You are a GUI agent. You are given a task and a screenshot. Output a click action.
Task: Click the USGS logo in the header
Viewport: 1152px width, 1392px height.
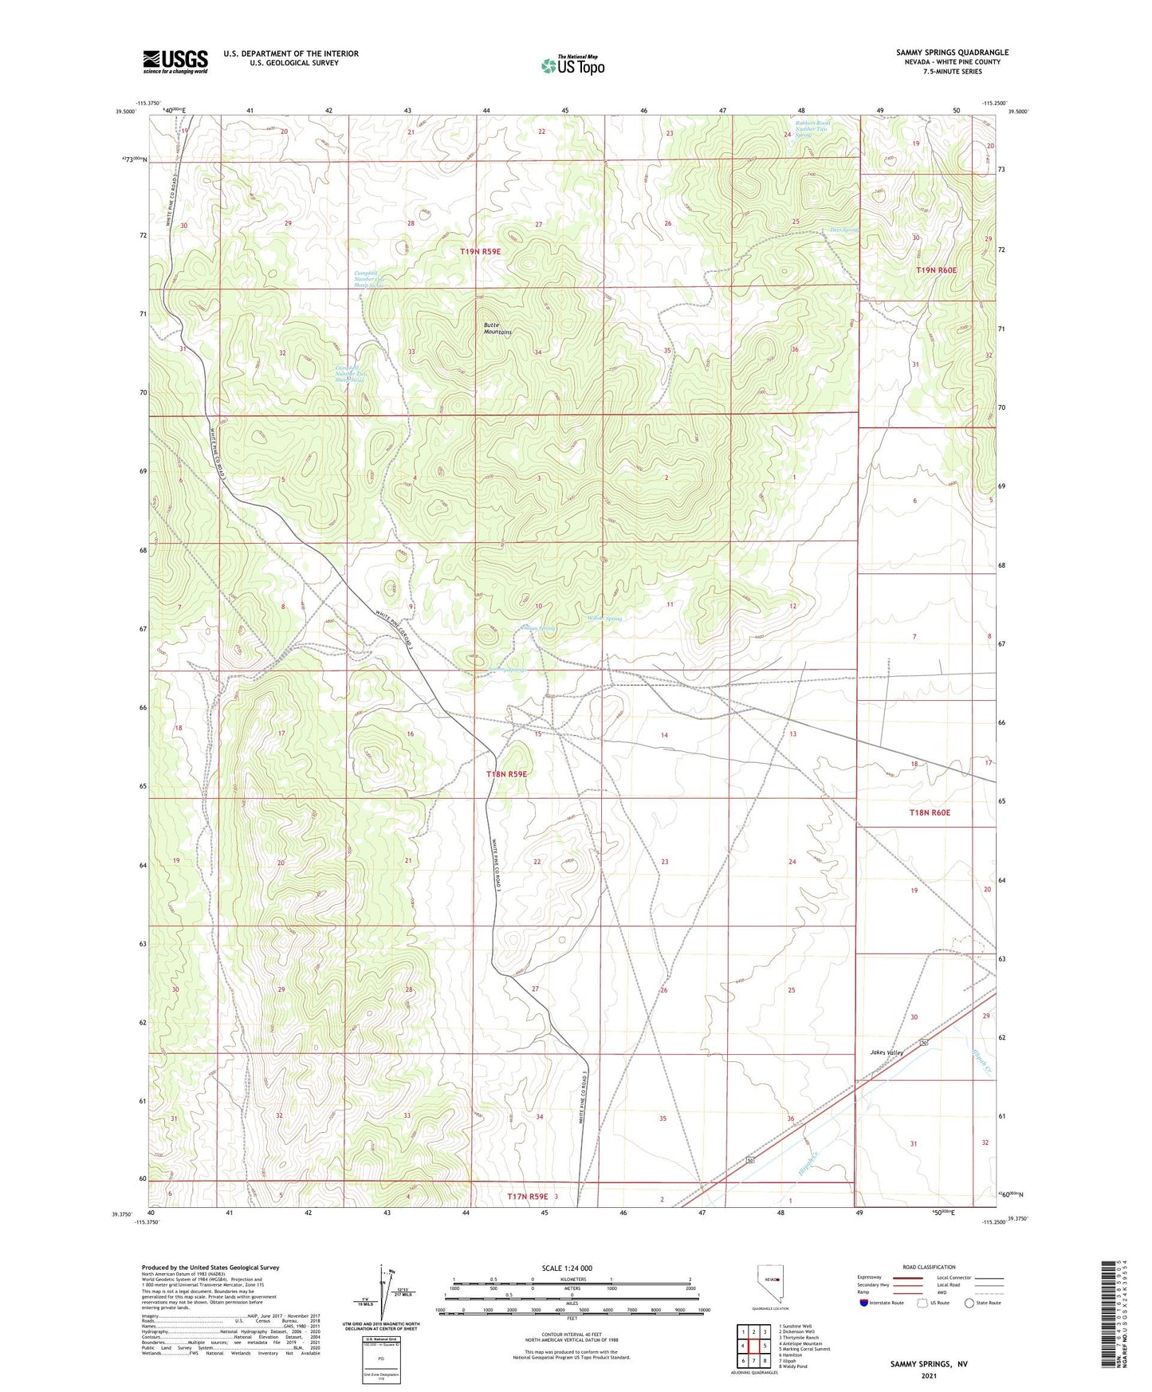(175, 61)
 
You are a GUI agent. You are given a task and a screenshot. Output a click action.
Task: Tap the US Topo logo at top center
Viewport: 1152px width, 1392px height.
(572, 65)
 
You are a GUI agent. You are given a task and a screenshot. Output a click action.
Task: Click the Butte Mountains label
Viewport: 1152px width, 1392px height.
(497, 328)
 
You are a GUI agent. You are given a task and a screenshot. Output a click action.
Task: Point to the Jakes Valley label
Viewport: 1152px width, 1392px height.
(887, 1052)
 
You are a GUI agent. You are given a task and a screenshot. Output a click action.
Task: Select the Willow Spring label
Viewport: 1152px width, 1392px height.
(604, 619)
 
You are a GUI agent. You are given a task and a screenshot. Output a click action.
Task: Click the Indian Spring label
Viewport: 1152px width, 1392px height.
(537, 628)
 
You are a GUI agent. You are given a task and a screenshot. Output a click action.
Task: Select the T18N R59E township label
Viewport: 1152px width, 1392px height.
(506, 773)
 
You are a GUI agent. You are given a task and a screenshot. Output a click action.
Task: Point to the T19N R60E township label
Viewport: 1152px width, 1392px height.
(936, 270)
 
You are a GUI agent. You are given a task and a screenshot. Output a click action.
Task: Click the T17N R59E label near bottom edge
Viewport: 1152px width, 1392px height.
(528, 1196)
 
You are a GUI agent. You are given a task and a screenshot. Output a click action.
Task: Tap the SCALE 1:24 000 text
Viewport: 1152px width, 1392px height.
(567, 1268)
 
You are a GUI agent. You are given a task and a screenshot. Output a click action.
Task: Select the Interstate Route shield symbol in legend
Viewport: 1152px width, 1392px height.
(865, 1303)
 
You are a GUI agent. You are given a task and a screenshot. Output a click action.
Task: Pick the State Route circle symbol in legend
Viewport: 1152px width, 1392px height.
(969, 1303)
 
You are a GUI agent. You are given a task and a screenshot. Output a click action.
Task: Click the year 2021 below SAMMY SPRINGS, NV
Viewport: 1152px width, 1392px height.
(928, 1375)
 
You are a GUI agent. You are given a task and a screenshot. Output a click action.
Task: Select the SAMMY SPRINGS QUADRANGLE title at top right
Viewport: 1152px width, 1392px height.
(952, 53)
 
